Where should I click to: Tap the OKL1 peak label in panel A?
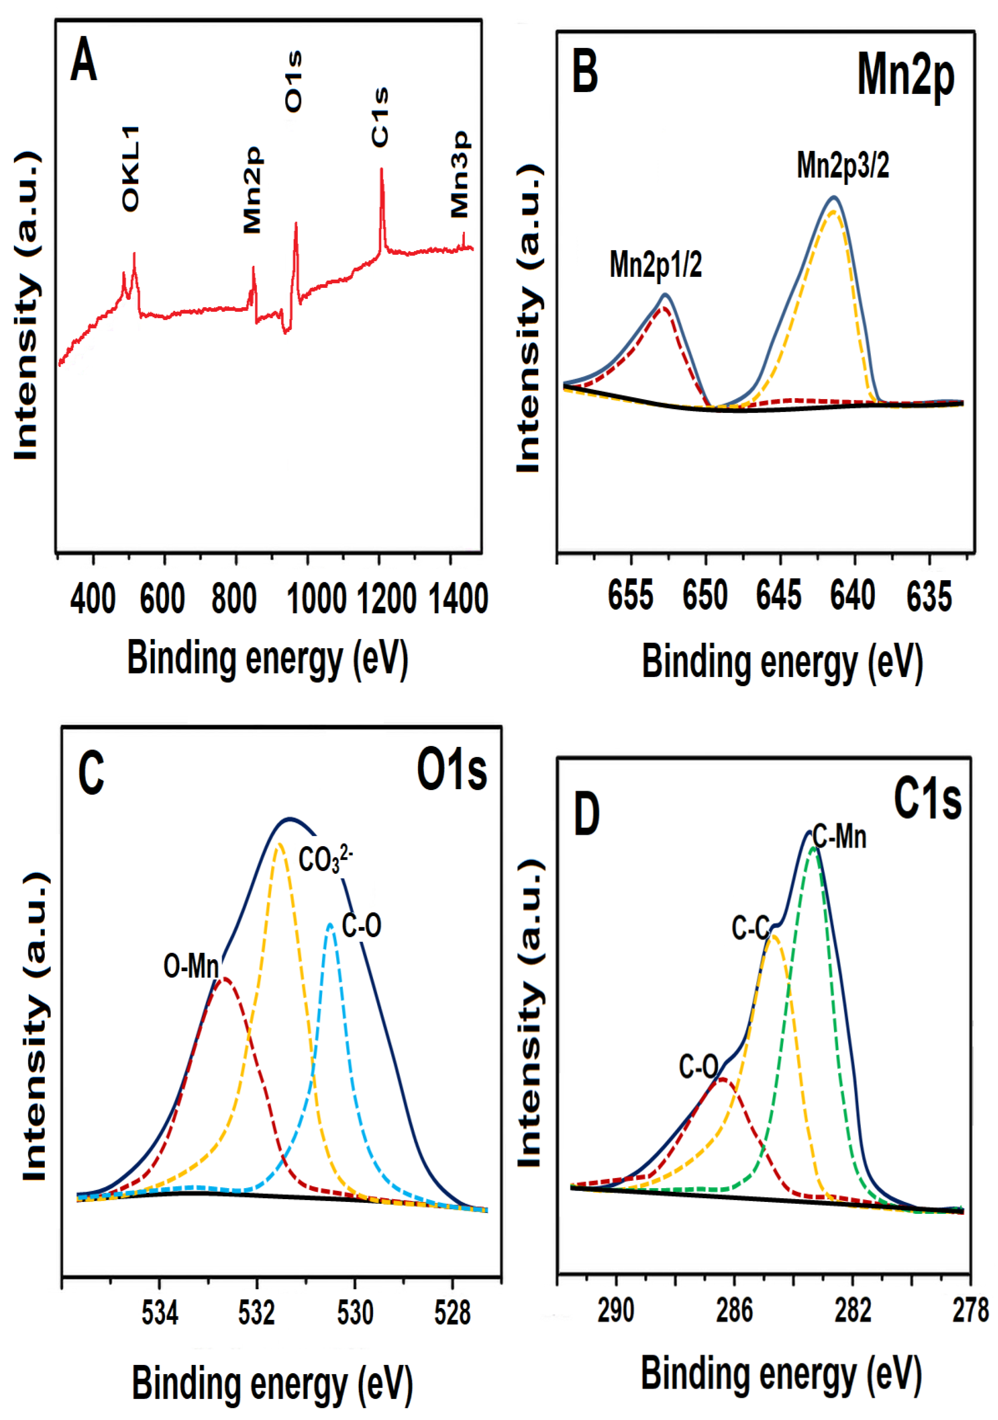click(x=130, y=168)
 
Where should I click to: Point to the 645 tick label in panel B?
click(x=778, y=596)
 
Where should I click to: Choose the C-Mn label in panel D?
click(x=840, y=837)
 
